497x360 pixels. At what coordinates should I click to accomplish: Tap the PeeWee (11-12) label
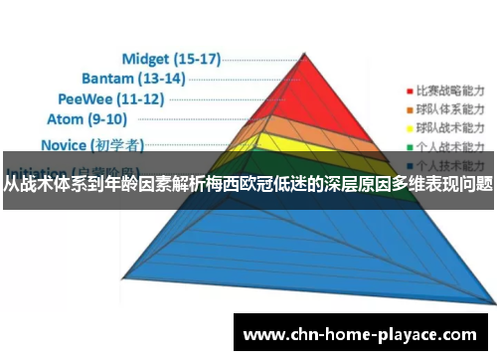[x=109, y=99]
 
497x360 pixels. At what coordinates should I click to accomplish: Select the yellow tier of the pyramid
[x=298, y=147]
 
